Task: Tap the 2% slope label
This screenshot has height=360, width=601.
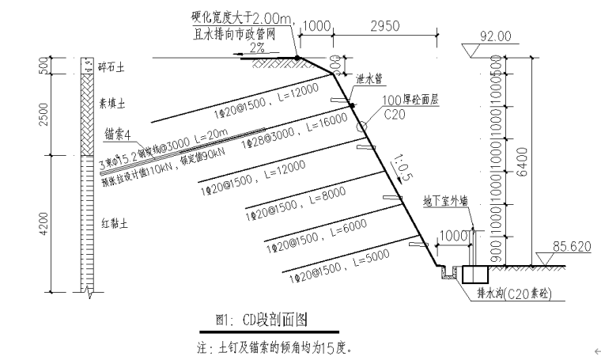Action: click(257, 47)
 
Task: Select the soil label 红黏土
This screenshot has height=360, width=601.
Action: click(112, 224)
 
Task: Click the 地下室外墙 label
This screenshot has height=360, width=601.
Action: click(445, 201)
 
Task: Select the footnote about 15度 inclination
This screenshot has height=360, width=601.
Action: click(273, 347)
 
